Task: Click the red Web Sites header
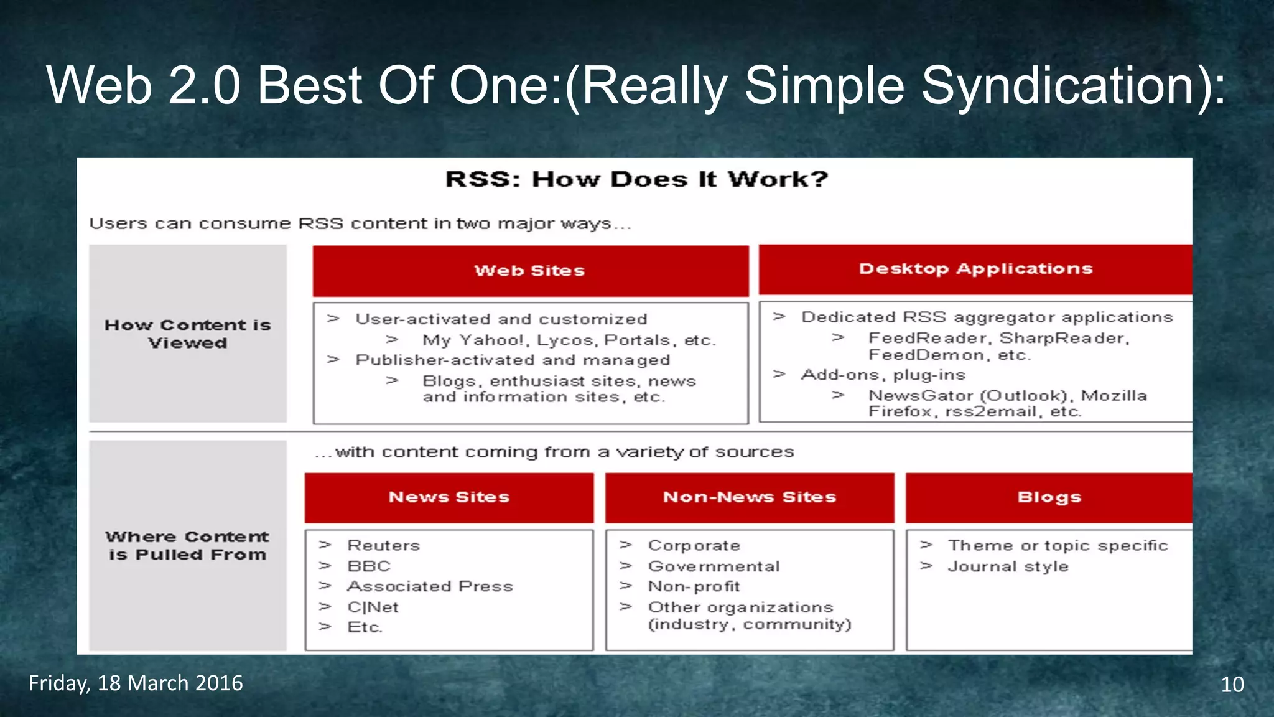tap(530, 271)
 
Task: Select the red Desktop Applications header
tap(975, 269)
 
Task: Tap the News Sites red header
tap(449, 497)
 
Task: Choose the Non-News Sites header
tap(749, 497)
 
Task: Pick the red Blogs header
tap(1049, 497)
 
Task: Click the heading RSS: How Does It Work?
tap(636, 180)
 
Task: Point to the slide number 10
tap(1232, 685)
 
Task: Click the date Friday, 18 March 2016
tap(136, 683)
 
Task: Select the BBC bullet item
tap(369, 566)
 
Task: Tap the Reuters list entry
tap(383, 546)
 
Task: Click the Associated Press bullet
tap(430, 586)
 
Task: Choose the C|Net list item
tap(373, 607)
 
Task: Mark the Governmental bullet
tap(714, 566)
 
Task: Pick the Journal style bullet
tap(1008, 566)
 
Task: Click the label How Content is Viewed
tap(187, 334)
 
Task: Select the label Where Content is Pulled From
tap(187, 546)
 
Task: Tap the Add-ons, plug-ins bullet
tap(883, 375)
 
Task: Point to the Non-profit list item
tap(694, 586)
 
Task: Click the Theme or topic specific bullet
tap(1058, 546)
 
